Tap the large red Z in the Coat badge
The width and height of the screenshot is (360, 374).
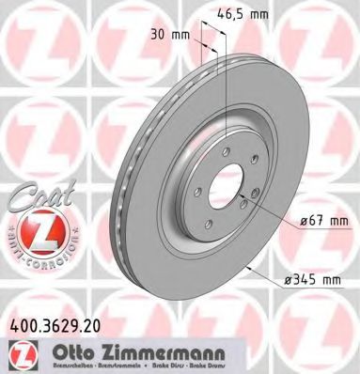(x=35, y=228)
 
